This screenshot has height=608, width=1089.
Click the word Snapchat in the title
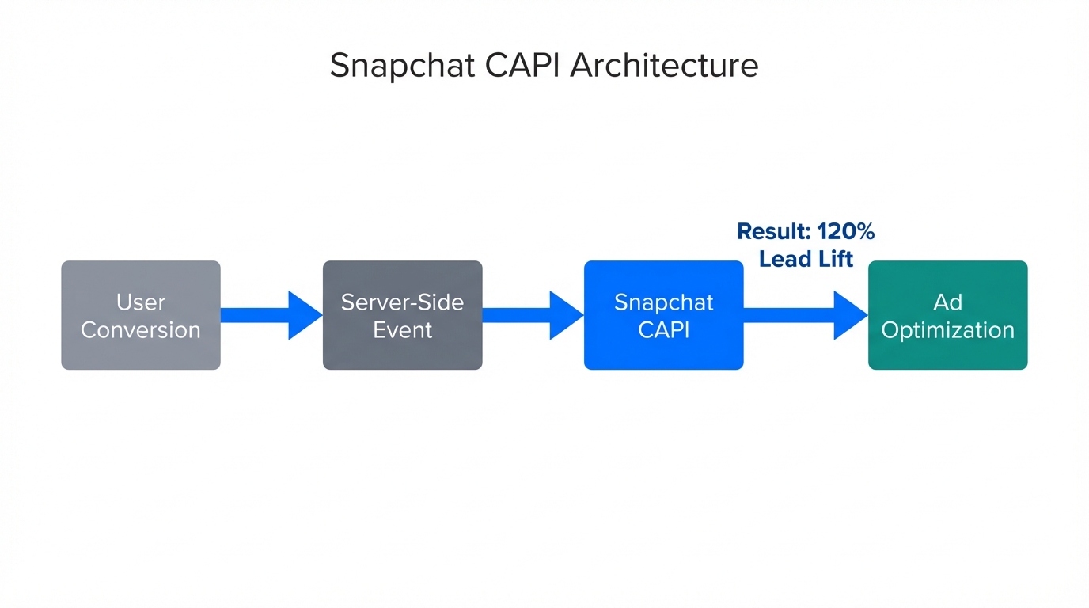402,66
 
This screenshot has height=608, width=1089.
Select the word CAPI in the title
522,65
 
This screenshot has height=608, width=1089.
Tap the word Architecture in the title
664,65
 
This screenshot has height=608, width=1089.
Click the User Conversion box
141,315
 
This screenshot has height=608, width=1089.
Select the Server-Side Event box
402,315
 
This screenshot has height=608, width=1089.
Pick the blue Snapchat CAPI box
663,315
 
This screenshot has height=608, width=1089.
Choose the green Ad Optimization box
947,315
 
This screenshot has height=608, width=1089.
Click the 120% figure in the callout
847,231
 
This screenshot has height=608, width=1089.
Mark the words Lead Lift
806,259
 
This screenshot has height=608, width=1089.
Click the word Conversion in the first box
141,329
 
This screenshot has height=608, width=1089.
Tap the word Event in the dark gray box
402,329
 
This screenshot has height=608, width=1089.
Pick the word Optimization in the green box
947,329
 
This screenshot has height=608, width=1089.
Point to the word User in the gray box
141,302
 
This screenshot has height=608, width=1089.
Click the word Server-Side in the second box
402,302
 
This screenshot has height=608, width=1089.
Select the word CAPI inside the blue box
663,329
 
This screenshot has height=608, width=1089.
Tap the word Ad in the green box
947,302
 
